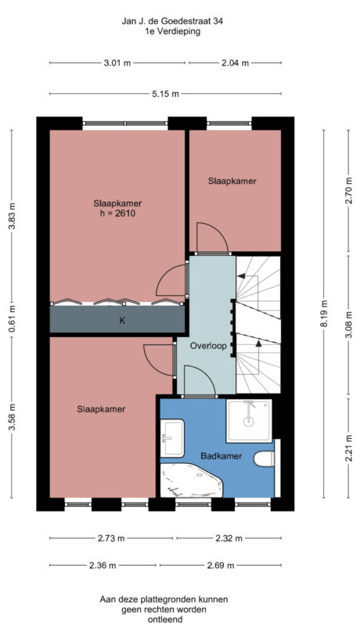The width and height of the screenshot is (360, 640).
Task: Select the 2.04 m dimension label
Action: pyautogui.click(x=234, y=63)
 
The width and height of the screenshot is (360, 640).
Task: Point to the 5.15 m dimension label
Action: pyautogui.click(x=165, y=94)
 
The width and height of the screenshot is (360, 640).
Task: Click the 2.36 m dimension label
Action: pyautogui.click(x=102, y=565)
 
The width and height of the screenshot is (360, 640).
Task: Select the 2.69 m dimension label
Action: pyautogui.click(x=232, y=565)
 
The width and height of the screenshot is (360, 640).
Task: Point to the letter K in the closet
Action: pyautogui.click(x=121, y=320)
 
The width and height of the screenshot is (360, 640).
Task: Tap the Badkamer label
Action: pyautogui.click(x=220, y=455)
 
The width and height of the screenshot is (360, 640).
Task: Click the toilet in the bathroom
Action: pyautogui.click(x=265, y=458)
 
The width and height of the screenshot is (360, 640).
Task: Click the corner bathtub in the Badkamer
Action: pyautogui.click(x=192, y=480)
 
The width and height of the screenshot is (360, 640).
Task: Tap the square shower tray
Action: pyautogui.click(x=249, y=421)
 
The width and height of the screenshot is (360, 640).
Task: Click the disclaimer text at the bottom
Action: pyautogui.click(x=164, y=609)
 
